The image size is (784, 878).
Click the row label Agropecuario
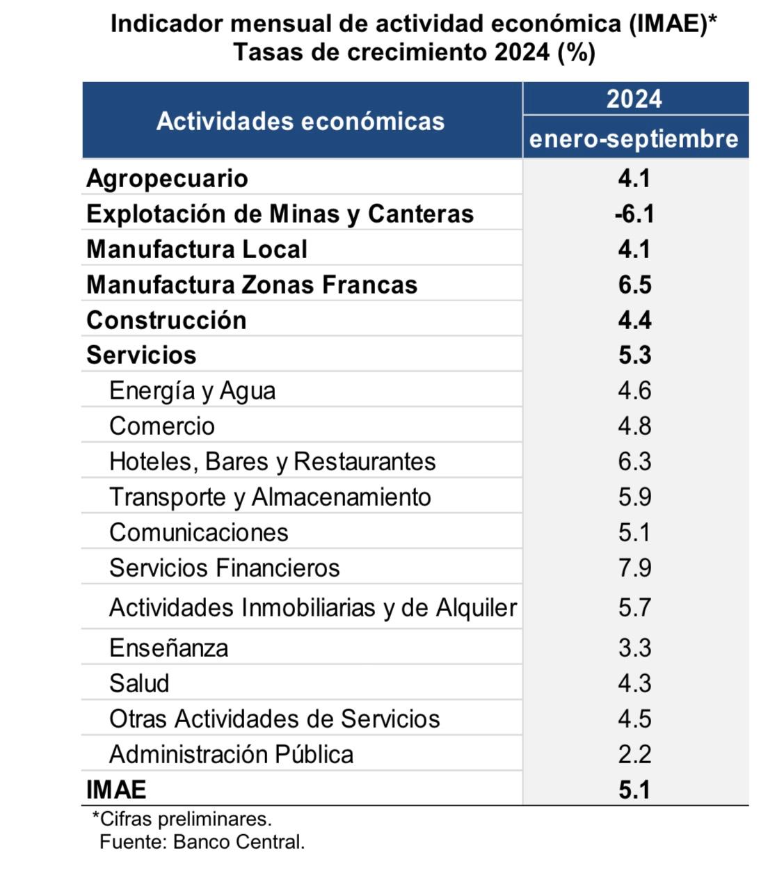(x=167, y=179)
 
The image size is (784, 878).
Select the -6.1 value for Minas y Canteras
(x=634, y=214)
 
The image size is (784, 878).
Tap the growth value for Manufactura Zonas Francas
(x=634, y=285)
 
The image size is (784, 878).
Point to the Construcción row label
(x=166, y=320)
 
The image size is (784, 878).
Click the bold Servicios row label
(x=141, y=355)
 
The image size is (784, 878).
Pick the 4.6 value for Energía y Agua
(x=634, y=390)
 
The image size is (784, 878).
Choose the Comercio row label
(x=161, y=426)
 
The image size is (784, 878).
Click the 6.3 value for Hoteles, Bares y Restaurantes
(x=634, y=461)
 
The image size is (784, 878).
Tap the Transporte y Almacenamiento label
(x=270, y=497)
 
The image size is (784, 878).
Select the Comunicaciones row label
(x=198, y=532)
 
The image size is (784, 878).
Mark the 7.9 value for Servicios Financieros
(x=634, y=568)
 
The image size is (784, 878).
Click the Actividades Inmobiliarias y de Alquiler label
(x=313, y=607)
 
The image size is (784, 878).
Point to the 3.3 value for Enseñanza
(x=634, y=648)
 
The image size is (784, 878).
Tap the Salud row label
(x=139, y=683)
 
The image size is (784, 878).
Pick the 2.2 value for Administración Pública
(x=634, y=754)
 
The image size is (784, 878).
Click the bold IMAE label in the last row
(x=116, y=790)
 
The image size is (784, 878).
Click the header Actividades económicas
(x=301, y=121)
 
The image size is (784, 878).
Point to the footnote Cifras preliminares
(x=182, y=820)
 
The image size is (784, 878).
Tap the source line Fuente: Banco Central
(x=202, y=843)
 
